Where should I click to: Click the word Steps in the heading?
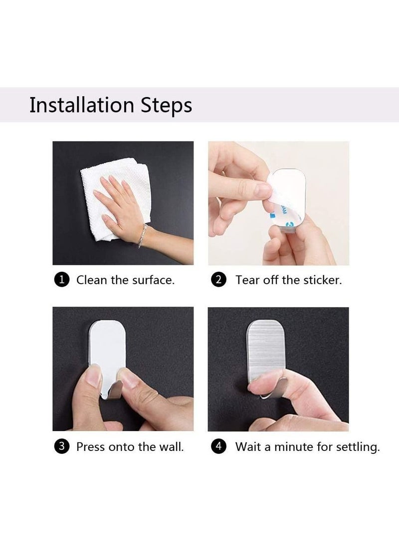pyautogui.click(x=166, y=106)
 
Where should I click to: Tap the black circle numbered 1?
pyautogui.click(x=62, y=280)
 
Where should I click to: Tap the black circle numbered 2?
pyautogui.click(x=218, y=280)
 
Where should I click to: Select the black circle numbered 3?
pyautogui.click(x=62, y=446)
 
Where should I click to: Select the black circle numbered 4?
pyautogui.click(x=218, y=446)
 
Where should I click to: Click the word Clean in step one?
pyautogui.click(x=92, y=280)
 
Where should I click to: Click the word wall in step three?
pyautogui.click(x=172, y=447)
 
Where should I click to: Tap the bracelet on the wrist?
pyautogui.click(x=142, y=236)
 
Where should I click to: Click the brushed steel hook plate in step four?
pyautogui.click(x=265, y=350)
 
